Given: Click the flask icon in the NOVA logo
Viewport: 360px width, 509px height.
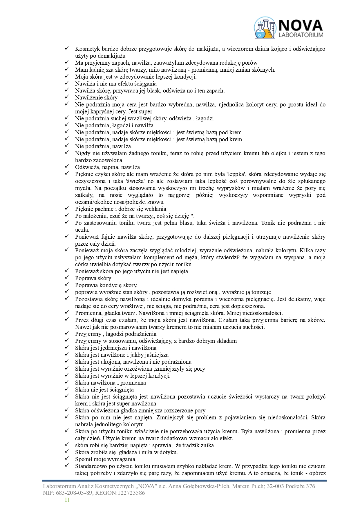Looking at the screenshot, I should pos(265,28).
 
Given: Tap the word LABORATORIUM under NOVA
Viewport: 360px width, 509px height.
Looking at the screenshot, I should pos(300,35).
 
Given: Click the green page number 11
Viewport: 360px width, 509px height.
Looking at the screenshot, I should pos(67,500).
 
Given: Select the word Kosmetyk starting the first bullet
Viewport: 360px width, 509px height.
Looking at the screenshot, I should pos(86,49).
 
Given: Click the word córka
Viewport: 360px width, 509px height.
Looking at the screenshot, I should pos(82,265).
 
